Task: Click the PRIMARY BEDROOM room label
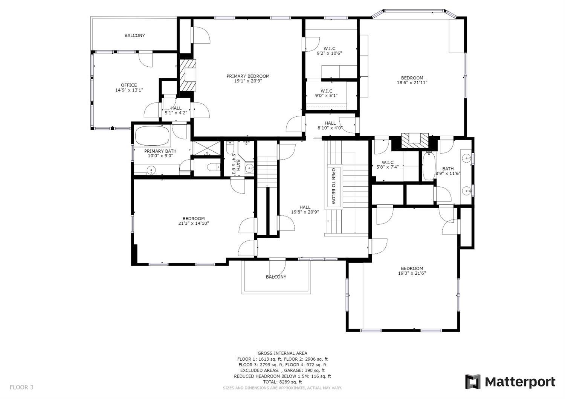(x=248, y=76)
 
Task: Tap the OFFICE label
(x=129, y=85)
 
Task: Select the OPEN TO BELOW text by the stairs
(x=333, y=186)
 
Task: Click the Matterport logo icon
(x=473, y=382)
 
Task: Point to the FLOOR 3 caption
(x=21, y=387)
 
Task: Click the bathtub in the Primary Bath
(x=152, y=136)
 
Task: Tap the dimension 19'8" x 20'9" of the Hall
(x=305, y=212)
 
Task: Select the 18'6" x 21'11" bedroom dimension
(x=412, y=83)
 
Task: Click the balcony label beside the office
(x=134, y=35)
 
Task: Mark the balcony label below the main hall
(x=276, y=277)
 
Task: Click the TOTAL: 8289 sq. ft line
(x=282, y=382)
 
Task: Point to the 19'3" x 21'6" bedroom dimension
(x=412, y=274)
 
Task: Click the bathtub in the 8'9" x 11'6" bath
(x=428, y=166)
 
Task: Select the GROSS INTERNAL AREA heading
(x=282, y=353)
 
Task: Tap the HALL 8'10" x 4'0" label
(x=330, y=125)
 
